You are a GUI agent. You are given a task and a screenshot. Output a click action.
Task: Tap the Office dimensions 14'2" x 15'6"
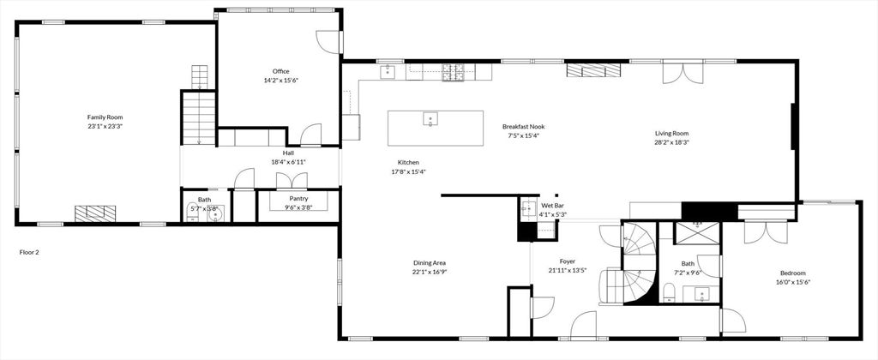(280, 81)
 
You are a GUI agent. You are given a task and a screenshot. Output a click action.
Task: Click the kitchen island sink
(430, 119)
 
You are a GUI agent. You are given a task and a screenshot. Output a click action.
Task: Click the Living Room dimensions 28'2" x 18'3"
(671, 142)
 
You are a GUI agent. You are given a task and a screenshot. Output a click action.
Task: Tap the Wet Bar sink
(526, 208)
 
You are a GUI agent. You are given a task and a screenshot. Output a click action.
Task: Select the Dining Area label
(429, 262)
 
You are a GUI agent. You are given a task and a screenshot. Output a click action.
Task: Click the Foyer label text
(567, 261)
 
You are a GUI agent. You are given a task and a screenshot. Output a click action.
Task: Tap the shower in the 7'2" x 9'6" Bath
(696, 233)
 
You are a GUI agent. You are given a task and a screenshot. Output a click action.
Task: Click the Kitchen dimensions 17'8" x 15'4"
(408, 171)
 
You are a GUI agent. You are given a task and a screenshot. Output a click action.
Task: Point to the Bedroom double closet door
(755, 232)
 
